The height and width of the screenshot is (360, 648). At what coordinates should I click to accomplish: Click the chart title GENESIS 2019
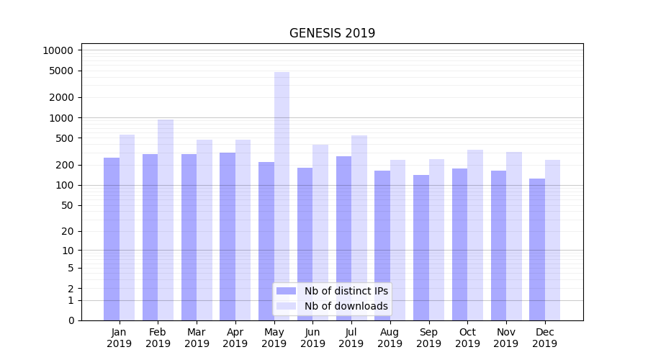tap(332, 33)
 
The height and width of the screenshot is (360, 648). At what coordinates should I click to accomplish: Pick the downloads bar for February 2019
tap(166, 220)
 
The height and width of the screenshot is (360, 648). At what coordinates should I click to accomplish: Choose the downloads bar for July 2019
tap(359, 228)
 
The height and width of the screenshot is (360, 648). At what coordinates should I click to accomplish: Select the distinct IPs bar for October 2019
tap(459, 244)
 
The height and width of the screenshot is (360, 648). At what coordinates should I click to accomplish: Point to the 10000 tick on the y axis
tap(58, 50)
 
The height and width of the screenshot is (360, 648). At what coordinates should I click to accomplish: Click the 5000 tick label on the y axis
tap(60, 71)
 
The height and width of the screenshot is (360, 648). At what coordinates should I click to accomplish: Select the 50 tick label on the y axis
tap(66, 205)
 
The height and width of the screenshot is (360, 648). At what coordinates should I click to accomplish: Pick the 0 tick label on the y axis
tap(71, 320)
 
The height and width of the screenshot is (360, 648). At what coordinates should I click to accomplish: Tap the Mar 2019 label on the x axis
tap(197, 338)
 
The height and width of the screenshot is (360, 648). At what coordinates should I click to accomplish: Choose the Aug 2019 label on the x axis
tap(390, 338)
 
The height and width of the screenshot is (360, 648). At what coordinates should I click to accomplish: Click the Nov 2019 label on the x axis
tap(506, 338)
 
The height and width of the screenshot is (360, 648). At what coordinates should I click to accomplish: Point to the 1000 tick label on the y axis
tap(60, 117)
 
